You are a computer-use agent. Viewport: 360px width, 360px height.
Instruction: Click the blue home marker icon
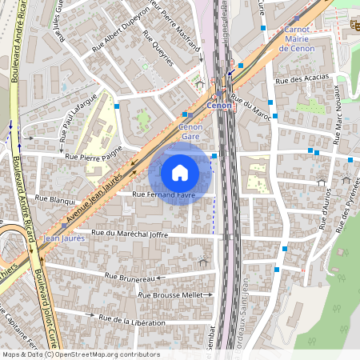tap(180, 172)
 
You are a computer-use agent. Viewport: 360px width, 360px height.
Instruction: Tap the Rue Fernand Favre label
tap(163, 194)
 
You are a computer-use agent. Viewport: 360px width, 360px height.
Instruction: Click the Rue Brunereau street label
tap(130, 278)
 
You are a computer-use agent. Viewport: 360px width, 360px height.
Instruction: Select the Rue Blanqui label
tap(55, 198)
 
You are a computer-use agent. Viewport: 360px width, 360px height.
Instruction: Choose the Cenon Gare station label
tap(190, 131)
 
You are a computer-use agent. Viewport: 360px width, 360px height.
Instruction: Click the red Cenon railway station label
tap(218, 105)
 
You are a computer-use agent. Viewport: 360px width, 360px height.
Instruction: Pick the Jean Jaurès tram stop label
tap(63, 238)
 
